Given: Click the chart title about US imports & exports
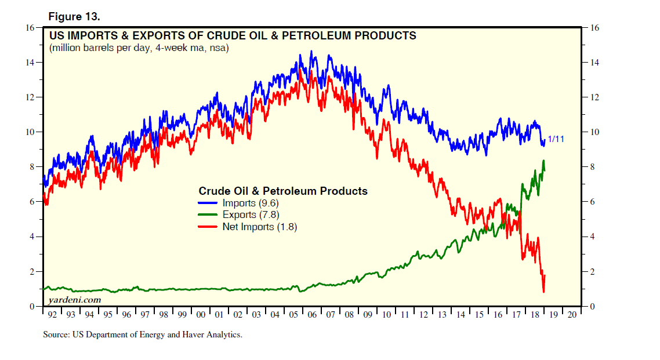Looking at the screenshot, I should coord(233,36).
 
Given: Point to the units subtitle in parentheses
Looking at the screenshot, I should coord(139,48).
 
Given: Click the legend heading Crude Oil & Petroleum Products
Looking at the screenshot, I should coord(283,191).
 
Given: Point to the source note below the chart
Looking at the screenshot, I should coord(142,334).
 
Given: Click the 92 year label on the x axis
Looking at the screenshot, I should coord(53,314).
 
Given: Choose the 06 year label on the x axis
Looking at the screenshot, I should coord(312,314).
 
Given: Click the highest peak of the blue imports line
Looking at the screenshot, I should coord(311,51).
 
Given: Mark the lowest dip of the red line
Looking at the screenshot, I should coord(543,292).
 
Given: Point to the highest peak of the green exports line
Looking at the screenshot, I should coord(543,161).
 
